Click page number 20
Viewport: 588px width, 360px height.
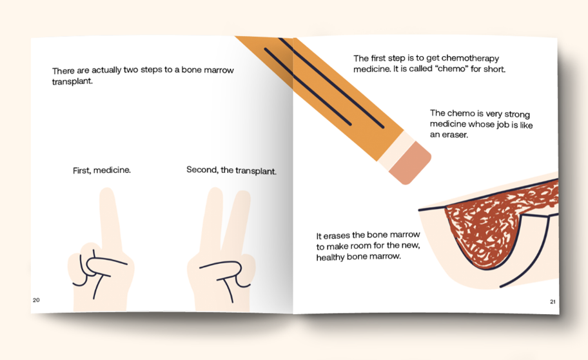point(36,300)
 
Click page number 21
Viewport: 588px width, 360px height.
point(553,301)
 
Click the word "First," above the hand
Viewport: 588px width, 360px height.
point(82,170)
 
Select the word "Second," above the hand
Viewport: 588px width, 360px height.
point(202,170)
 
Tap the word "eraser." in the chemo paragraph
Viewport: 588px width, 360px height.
point(456,135)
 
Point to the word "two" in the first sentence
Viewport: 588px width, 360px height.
point(131,70)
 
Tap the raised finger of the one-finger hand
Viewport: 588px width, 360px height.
point(109,217)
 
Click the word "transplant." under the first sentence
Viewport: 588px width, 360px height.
point(72,81)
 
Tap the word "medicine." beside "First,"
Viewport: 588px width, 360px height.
point(112,170)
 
